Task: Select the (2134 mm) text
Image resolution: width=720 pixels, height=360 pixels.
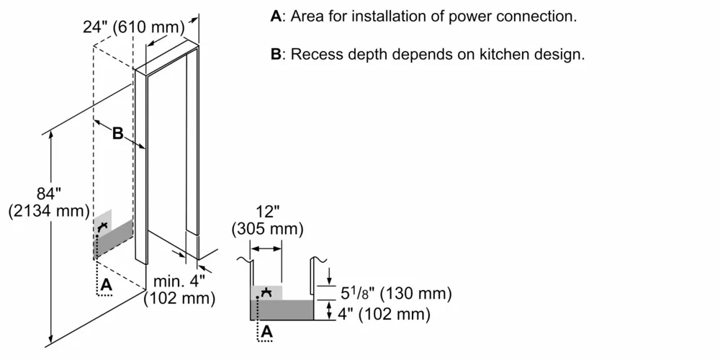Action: click(48, 212)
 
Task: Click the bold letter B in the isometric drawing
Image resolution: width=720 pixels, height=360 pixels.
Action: click(117, 133)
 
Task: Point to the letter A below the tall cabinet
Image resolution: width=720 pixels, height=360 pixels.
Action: click(107, 285)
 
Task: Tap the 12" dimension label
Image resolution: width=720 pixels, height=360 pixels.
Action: click(267, 213)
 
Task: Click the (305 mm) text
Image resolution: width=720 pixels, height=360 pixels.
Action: click(267, 229)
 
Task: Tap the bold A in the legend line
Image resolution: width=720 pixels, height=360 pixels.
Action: click(276, 16)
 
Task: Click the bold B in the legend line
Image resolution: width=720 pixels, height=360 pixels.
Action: click(276, 55)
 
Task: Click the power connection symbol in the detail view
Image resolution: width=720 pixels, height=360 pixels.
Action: click(267, 292)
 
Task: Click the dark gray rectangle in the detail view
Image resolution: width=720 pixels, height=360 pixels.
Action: click(282, 310)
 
